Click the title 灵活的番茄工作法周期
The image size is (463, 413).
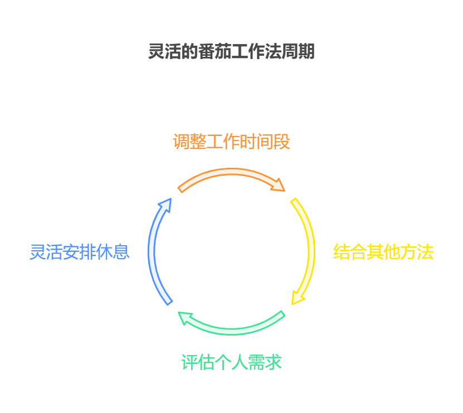pyautogui.click(x=231, y=52)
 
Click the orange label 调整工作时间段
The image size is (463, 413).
pyautogui.click(x=231, y=142)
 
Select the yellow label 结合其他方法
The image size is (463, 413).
pyautogui.click(x=383, y=252)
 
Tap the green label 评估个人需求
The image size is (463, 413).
pyautogui.click(x=231, y=362)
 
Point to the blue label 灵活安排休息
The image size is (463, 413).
pyautogui.click(x=80, y=252)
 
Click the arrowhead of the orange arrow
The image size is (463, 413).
pyautogui.click(x=277, y=183)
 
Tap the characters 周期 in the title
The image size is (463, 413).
pyautogui.click(x=298, y=52)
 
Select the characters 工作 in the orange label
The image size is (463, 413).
pyautogui.click(x=223, y=142)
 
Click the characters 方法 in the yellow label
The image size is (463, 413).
pyautogui.click(x=417, y=252)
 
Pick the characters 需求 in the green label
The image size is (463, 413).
pyautogui.click(x=265, y=362)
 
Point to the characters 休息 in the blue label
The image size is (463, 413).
pyautogui.click(x=113, y=252)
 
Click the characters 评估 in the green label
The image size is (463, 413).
pyautogui.click(x=198, y=362)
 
